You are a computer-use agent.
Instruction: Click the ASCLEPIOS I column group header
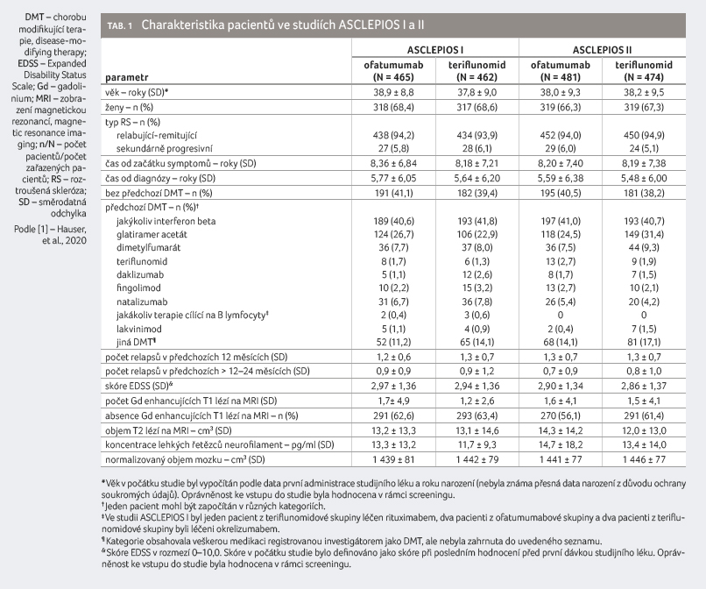click(x=435, y=50)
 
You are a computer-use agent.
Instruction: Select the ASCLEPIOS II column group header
click(x=602, y=50)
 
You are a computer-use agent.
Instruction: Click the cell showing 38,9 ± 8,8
click(x=393, y=92)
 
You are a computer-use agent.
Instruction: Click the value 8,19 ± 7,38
click(x=644, y=163)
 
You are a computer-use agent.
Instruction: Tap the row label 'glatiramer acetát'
click(x=152, y=234)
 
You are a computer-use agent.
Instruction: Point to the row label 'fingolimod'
click(x=138, y=288)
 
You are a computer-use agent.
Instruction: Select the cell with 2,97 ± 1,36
click(x=393, y=386)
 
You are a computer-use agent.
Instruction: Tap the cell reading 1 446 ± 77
click(x=644, y=459)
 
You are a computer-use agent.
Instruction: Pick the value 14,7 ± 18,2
click(x=560, y=444)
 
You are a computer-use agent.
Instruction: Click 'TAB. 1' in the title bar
click(x=119, y=25)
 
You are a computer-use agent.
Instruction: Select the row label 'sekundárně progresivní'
click(x=165, y=148)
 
